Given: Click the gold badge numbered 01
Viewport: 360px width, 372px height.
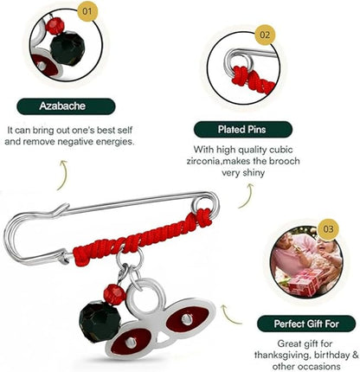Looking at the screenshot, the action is [87, 11].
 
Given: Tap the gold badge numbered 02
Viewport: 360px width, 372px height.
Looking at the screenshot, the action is [265, 35].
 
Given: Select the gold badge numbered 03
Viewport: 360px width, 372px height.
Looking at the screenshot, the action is [328, 229].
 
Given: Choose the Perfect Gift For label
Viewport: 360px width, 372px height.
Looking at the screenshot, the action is [306, 324].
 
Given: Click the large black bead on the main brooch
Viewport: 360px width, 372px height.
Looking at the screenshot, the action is [100, 321].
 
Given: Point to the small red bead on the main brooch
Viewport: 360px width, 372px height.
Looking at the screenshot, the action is [114, 294].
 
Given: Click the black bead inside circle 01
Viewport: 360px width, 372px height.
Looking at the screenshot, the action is [67, 47].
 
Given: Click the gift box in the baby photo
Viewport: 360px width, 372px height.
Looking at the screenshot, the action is [302, 281].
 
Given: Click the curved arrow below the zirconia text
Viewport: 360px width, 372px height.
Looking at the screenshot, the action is [247, 196].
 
